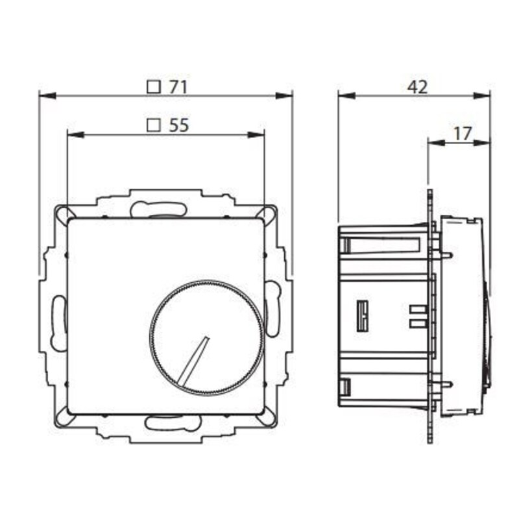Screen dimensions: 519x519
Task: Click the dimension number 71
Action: point(177,87)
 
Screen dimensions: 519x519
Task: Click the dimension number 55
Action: point(178,126)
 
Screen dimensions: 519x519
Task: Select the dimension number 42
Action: point(418,87)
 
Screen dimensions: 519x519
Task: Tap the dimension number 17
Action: point(462,133)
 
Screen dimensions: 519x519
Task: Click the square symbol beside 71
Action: point(154,87)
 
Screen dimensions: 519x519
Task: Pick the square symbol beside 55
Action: point(154,126)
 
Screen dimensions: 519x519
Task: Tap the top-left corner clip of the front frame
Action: point(63,213)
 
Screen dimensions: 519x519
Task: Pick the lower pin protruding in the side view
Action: point(446,385)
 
